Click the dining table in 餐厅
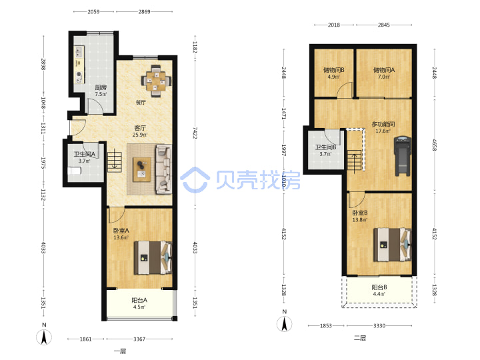156,81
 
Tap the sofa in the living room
164,169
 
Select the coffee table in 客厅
142,169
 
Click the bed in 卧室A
153,257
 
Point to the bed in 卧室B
392,245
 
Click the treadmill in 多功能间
402,156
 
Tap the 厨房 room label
101,87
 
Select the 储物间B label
334,70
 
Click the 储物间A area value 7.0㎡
383,77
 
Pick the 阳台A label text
139,300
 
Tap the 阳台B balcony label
379,287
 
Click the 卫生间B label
326,147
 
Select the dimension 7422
195,133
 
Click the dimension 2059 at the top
94,11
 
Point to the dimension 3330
379,326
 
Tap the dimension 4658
435,145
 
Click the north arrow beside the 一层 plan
44,337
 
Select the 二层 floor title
360,338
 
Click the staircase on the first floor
114,161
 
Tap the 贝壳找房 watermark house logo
195,180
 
